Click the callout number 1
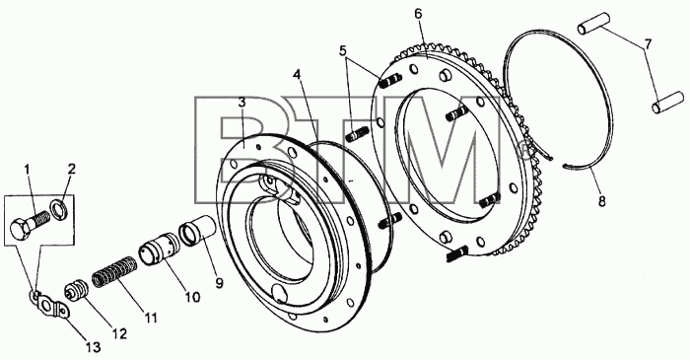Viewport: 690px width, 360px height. [x=27, y=169]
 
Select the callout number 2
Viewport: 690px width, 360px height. [x=72, y=169]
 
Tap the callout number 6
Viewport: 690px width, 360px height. [x=418, y=14]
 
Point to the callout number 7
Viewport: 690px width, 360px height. [x=649, y=44]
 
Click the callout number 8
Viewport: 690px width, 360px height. [x=601, y=201]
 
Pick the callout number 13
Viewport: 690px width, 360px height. [x=94, y=347]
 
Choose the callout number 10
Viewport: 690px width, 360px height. [x=192, y=297]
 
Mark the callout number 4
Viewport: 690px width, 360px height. [x=298, y=75]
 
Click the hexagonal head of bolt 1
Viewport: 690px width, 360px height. [x=21, y=229]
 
